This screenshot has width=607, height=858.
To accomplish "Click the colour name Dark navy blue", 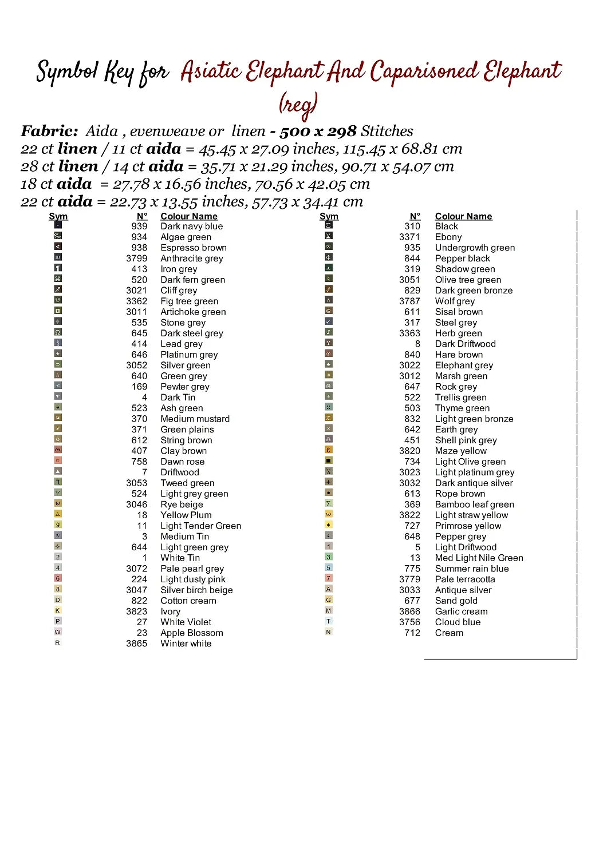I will tap(191, 227).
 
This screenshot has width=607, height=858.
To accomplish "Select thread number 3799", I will tap(137, 259).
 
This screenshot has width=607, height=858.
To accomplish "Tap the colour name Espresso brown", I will tap(193, 248).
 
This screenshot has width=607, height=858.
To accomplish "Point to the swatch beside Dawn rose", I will tap(58, 460).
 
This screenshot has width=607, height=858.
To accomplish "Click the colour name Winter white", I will tap(186, 643).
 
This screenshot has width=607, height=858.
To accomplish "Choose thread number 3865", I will tap(137, 643).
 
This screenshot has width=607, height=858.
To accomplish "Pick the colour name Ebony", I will tap(448, 237).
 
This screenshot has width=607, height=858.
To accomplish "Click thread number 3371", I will tap(409, 237).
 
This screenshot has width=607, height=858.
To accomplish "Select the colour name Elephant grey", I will tap(464, 366).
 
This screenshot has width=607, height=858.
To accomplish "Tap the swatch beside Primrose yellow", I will tap(329, 525).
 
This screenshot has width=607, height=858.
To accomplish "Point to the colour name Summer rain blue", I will tap(471, 569).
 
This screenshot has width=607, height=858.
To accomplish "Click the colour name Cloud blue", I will tap(458, 622).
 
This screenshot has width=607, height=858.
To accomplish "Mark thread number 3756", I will tap(409, 622).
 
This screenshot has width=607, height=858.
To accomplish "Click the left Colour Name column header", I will tap(189, 216).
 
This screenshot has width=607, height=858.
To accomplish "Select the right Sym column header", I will tap(329, 216).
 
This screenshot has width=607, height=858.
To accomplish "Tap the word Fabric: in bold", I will tap(49, 131).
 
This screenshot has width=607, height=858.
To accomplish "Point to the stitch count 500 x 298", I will tap(318, 132).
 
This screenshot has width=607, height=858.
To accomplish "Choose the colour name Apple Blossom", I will tap(191, 633).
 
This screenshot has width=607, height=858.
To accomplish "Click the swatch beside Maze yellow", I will tap(329, 450).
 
